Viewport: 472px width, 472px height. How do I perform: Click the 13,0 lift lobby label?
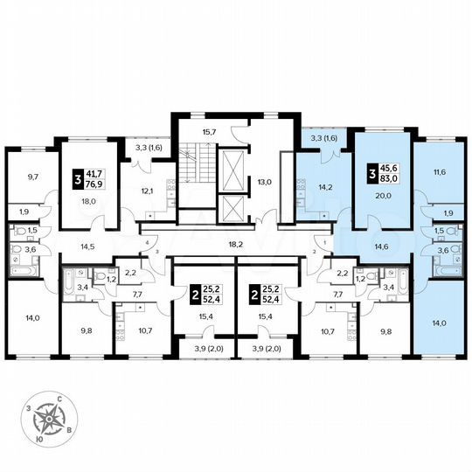[x=263, y=182]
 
